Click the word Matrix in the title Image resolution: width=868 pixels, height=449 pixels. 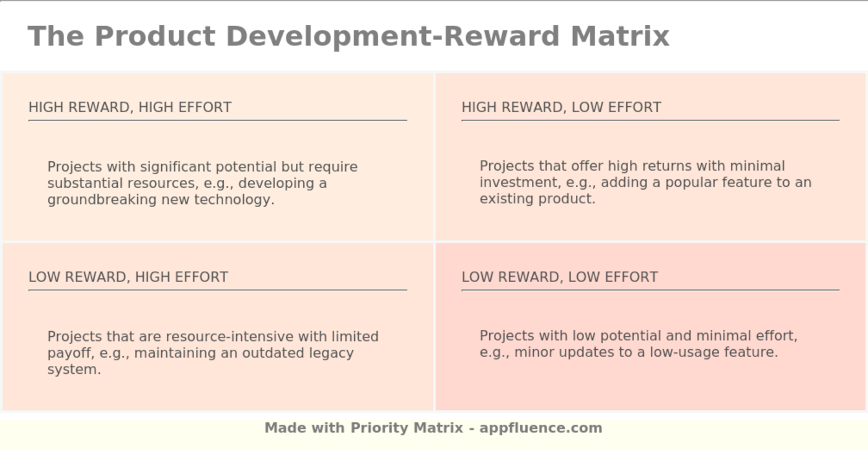point(620,36)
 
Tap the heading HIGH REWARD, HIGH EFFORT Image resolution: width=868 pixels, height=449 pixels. point(130,107)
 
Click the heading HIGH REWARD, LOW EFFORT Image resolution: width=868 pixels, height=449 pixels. point(561,107)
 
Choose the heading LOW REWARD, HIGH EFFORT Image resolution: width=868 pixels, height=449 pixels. point(128,277)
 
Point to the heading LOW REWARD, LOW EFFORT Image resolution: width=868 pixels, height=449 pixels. point(559,277)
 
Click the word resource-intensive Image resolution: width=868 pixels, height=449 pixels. point(230,337)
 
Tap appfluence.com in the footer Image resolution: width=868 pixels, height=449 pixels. point(541,428)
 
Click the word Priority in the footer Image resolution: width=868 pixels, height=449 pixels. point(378,428)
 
